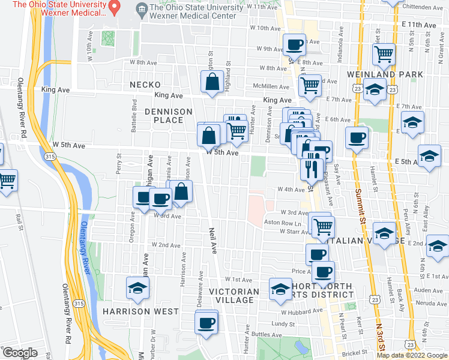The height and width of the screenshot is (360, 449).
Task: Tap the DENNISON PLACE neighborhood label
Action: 169,116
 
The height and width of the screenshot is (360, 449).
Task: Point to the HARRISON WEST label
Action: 140,311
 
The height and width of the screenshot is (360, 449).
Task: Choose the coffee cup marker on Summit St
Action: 357,137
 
